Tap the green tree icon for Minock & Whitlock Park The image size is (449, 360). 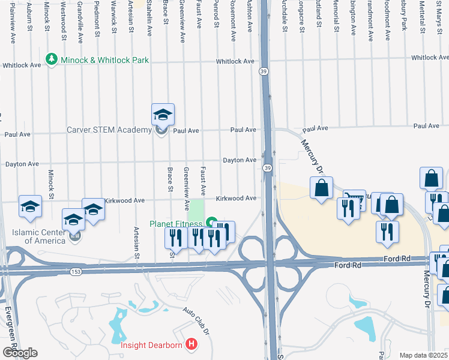(x=51, y=61)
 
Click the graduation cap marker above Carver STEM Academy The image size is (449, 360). (x=163, y=115)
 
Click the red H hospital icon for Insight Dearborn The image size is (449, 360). (x=191, y=344)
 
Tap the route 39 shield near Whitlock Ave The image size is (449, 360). (x=264, y=71)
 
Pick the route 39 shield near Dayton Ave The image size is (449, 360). (x=267, y=167)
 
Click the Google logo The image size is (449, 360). (x=20, y=353)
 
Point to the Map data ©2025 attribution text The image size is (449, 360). (x=423, y=355)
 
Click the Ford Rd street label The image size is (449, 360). (x=397, y=259)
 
